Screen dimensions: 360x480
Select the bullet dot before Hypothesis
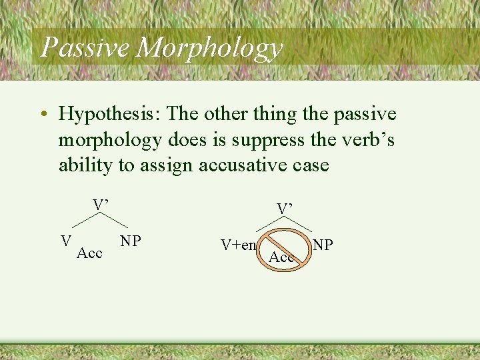[x=43, y=115]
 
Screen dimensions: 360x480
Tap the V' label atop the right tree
[x=285, y=209]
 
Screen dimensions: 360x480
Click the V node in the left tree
[x=66, y=240]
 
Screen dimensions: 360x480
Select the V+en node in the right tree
[x=239, y=245]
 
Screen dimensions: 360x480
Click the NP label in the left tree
[x=131, y=240]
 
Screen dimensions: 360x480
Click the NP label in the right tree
[x=323, y=245]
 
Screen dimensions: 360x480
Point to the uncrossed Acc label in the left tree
[x=89, y=253]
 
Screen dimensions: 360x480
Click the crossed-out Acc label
[x=281, y=257]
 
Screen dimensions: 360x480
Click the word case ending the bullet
[x=309, y=165]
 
